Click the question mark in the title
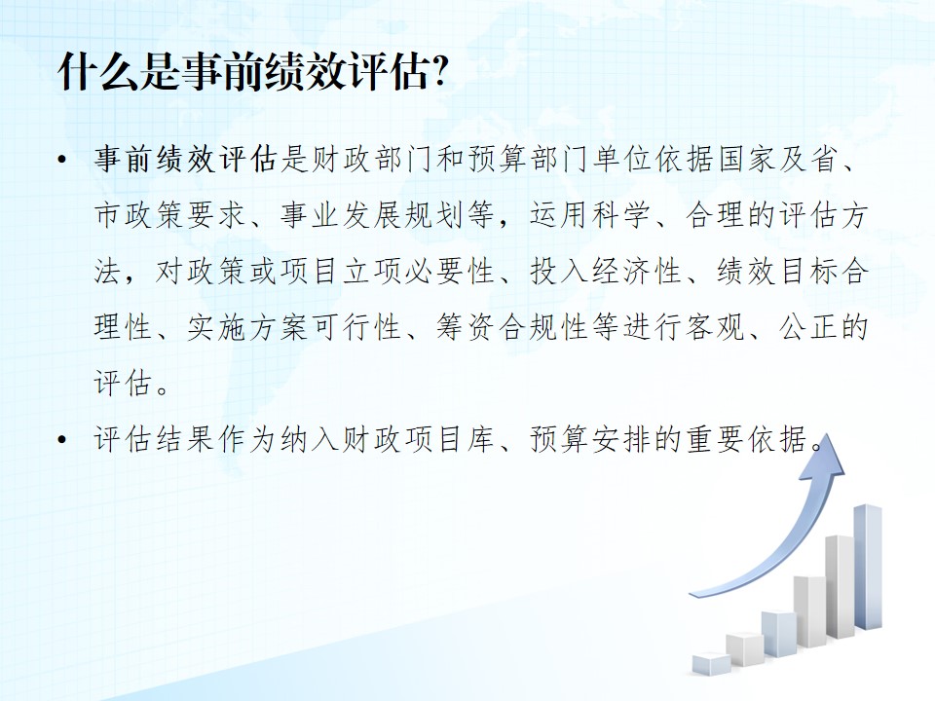tap(439, 71)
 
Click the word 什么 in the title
tap(98, 72)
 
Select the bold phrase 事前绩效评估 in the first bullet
tap(187, 159)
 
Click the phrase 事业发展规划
tap(373, 215)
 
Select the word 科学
tap(621, 215)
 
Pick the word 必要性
tap(451, 272)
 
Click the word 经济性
tap(637, 272)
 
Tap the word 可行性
tap(357, 327)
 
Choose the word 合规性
tap(544, 327)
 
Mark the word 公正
tap(808, 327)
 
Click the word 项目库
tap(451, 440)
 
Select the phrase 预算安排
tap(591, 440)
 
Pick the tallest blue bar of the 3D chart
tap(868, 567)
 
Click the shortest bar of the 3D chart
tap(711, 663)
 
